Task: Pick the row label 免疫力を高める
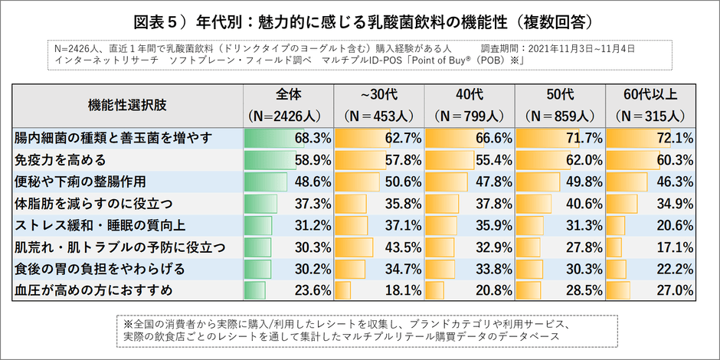60,161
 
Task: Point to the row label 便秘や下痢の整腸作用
80,182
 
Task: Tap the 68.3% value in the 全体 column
312,139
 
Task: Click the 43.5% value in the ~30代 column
402,247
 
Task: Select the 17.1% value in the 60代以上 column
674,247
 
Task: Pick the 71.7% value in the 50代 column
584,139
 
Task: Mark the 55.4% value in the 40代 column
493,161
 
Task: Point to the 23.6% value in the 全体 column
312,290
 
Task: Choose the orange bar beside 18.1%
343,290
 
